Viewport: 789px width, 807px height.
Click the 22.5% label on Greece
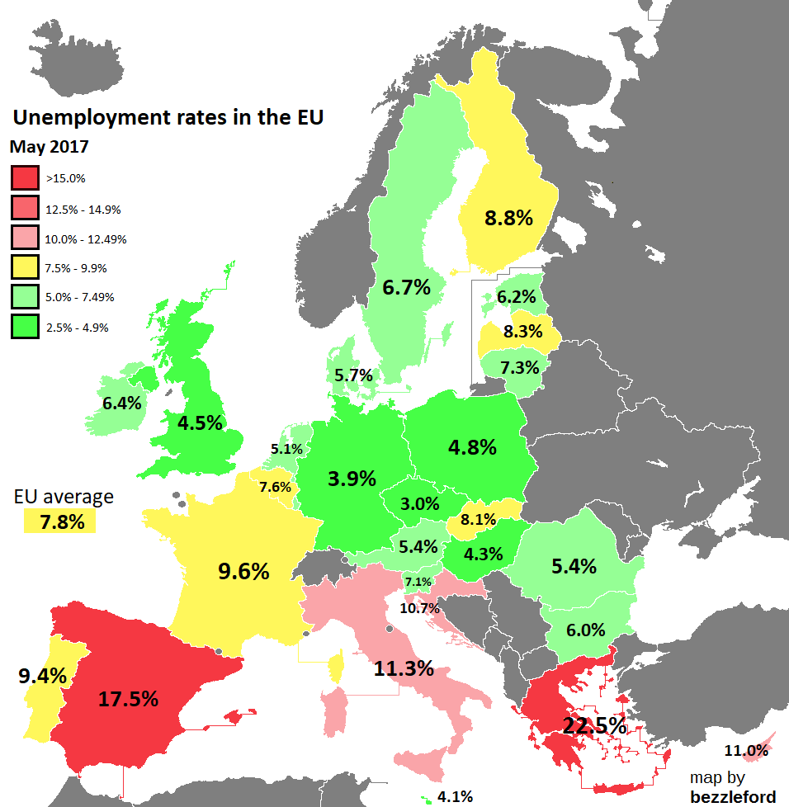point(594,726)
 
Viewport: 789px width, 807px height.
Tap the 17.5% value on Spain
point(128,699)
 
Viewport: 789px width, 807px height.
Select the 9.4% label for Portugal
point(42,677)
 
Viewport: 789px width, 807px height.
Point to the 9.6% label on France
point(243,571)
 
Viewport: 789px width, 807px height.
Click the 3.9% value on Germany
point(352,479)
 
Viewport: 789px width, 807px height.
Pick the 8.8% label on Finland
point(508,219)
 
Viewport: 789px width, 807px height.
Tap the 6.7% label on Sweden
point(406,288)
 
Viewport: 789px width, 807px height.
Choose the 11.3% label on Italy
point(404,668)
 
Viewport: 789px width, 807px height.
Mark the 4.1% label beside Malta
point(455,796)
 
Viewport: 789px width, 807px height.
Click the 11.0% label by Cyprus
point(746,751)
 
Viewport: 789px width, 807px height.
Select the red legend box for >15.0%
point(25,178)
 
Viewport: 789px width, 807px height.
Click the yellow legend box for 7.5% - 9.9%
point(25,267)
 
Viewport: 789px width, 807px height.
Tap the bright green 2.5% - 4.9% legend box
point(25,327)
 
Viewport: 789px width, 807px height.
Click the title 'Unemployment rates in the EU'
point(168,117)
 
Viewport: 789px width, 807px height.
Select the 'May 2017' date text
point(50,148)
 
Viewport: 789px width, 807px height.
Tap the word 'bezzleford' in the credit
point(732,795)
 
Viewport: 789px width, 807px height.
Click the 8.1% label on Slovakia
point(479,520)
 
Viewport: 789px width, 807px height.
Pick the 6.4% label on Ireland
point(122,404)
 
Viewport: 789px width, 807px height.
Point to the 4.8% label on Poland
point(472,447)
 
